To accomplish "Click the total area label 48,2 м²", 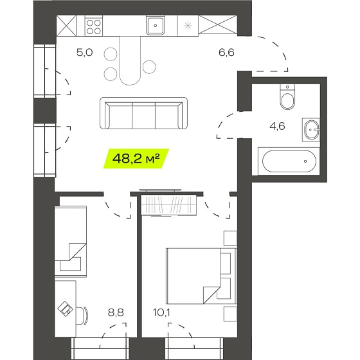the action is pyautogui.click(x=136, y=158).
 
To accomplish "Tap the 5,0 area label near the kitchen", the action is pyautogui.click(x=84, y=53).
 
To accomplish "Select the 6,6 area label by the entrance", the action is pyautogui.click(x=226, y=53).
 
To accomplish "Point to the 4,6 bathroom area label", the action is pyautogui.click(x=277, y=126).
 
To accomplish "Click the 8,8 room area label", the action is pyautogui.click(x=116, y=312).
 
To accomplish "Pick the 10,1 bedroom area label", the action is pyautogui.click(x=161, y=312).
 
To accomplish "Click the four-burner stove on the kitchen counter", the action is pyautogui.click(x=94, y=26).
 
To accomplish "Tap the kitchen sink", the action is pyautogui.click(x=156, y=26).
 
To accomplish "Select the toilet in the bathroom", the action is pyautogui.click(x=287, y=97).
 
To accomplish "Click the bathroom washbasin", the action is pyautogui.click(x=311, y=130).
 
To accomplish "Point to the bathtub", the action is pyautogui.click(x=289, y=161).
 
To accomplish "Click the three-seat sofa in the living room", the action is pyautogui.click(x=144, y=113).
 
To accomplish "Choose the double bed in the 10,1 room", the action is pyautogui.click(x=201, y=276).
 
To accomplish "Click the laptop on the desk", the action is pyautogui.click(x=66, y=308).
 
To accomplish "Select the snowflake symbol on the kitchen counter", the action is pyautogui.click(x=188, y=26).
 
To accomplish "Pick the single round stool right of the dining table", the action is pyautogui.click(x=149, y=67).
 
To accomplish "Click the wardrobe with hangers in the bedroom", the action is pyautogui.click(x=168, y=205).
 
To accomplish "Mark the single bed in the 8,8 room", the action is pyautogui.click(x=71, y=242).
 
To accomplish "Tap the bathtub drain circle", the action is pyautogui.click(x=305, y=161).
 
